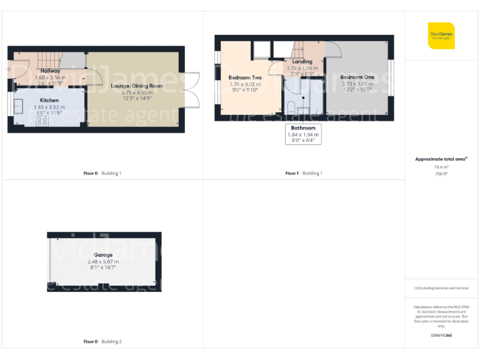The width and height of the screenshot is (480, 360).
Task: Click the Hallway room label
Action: pos(50,71)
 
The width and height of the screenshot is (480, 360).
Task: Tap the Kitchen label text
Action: pos(49,100)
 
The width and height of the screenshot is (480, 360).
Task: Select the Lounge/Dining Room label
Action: pos(136,86)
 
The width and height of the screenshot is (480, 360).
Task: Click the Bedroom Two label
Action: pos(245,77)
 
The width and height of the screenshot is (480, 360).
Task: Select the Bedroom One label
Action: pos(357,77)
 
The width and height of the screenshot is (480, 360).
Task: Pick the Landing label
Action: pos(302,62)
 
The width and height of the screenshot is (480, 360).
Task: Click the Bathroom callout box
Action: pos(302,134)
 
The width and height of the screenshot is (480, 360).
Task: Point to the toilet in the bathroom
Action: pos(291,107)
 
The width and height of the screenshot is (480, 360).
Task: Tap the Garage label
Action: pos(103,255)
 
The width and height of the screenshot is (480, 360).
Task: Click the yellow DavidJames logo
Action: pos(441,36)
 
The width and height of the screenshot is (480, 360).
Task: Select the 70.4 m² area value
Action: pos(441,167)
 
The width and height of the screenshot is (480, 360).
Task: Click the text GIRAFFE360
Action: pos(441,336)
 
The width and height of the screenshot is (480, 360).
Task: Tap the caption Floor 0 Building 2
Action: pos(102,342)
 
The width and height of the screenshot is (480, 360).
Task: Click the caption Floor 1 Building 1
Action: pos(304,173)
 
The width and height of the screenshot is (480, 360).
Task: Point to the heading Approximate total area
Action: pos(440,159)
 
